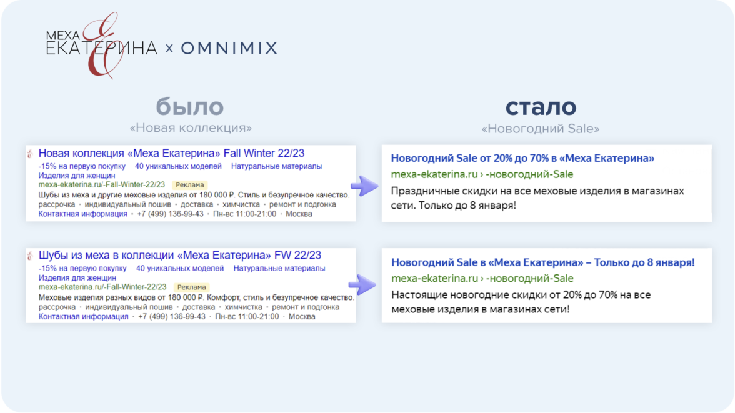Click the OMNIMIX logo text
click(x=229, y=48)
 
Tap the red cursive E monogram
click(x=101, y=46)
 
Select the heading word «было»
click(x=190, y=106)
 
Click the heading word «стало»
click(x=541, y=107)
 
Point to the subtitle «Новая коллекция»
click(x=191, y=127)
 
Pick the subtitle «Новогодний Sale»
click(x=541, y=129)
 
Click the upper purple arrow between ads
click(x=365, y=186)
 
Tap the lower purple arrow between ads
click(x=362, y=284)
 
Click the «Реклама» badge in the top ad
click(x=190, y=185)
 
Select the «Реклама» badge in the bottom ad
click(x=192, y=287)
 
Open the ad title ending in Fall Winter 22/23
click(x=171, y=153)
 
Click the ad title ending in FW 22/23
click(x=180, y=256)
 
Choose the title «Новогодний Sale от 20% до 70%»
click(x=522, y=158)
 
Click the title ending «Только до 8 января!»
click(x=542, y=262)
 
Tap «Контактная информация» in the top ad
click(x=83, y=214)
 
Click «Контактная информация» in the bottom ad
click(x=84, y=316)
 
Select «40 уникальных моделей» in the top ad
click(x=178, y=166)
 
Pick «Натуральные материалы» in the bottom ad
click(x=279, y=268)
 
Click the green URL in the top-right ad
click(x=482, y=174)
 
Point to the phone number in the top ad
click(x=170, y=214)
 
